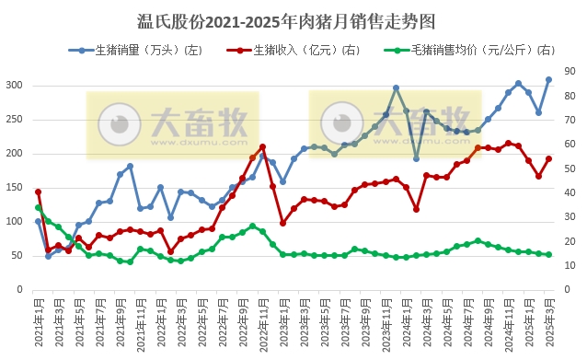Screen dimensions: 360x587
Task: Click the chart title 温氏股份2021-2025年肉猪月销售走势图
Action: (293, 19)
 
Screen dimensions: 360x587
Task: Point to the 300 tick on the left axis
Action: (14, 86)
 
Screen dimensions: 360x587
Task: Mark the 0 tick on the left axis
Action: (20, 289)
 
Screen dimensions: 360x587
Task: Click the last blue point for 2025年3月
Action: (548, 80)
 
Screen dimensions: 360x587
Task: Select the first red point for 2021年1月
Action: (39, 192)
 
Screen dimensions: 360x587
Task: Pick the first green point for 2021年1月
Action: (39, 208)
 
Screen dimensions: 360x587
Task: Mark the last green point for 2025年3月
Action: (548, 255)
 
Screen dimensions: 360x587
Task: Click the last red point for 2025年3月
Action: (548, 158)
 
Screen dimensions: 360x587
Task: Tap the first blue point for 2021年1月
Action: (39, 221)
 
